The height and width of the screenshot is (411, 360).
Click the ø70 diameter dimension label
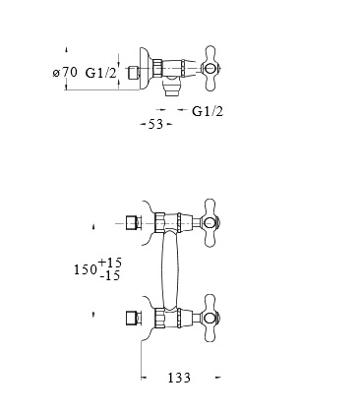coord(65,72)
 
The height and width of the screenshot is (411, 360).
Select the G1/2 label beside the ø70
coord(101,73)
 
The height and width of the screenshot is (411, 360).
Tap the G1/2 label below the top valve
coord(208,111)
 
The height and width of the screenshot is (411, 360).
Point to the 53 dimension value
coord(155,124)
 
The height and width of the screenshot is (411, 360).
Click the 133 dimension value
coord(179,378)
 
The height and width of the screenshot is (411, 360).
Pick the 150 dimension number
coord(86,269)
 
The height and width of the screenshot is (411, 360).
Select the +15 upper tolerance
coord(109,263)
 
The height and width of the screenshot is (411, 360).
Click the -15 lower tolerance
coord(110,276)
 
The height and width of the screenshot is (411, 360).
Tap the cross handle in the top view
coord(209,69)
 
